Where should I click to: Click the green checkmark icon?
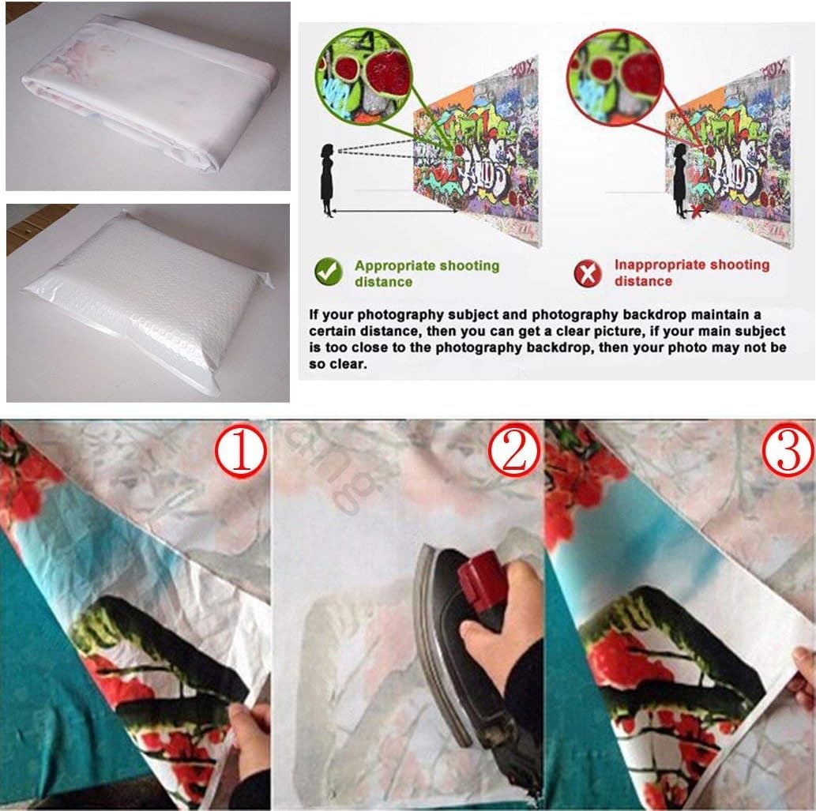coord(328,272)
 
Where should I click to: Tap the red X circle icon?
coord(587,273)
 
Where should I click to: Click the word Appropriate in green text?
coord(397,266)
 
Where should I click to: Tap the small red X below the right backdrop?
coord(695,212)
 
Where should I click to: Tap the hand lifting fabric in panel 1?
coord(246,738)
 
